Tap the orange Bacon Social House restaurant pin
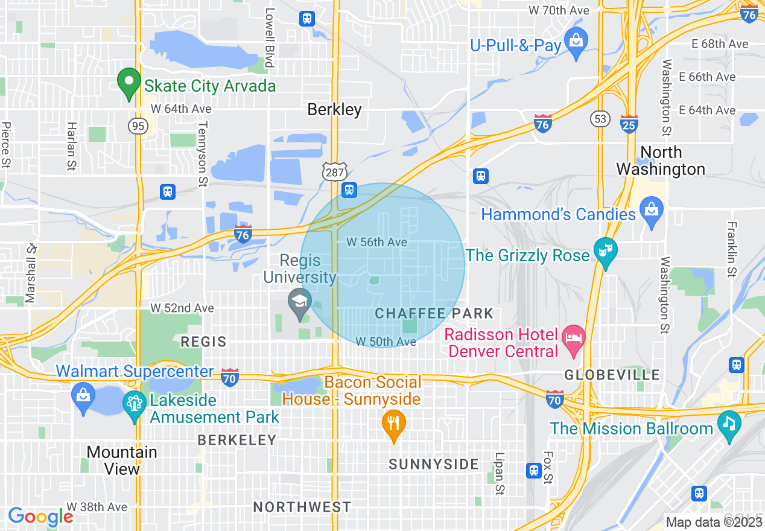click(x=393, y=425)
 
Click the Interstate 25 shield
click(x=629, y=124)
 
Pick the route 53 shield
click(x=600, y=119)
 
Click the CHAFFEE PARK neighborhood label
click(x=434, y=313)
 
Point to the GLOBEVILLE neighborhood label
click(x=612, y=375)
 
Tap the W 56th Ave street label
click(x=377, y=242)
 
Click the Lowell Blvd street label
click(x=270, y=37)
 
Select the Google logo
click(x=40, y=517)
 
